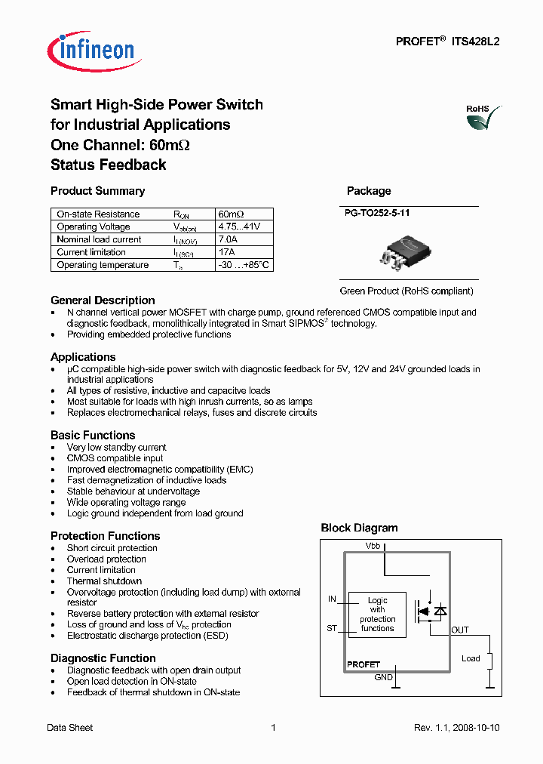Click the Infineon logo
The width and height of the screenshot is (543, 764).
coord(91,50)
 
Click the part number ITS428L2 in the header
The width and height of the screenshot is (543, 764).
coord(475,43)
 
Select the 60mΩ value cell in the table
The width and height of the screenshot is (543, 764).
coord(231,214)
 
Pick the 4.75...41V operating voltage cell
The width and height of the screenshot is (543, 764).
coord(239,226)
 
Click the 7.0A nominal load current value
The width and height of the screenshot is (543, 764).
coord(228,239)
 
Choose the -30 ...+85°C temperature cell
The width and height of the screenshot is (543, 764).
coord(243,265)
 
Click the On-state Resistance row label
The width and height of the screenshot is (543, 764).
coord(98,214)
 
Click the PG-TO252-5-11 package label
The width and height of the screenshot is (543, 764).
coord(378,214)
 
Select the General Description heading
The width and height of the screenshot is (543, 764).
coord(103,300)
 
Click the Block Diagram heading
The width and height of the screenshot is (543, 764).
coord(359,528)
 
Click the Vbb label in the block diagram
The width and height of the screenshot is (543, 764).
coord(373,544)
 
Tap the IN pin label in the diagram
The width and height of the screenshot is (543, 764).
coord(332,599)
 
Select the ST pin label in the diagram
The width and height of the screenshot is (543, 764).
coord(332,627)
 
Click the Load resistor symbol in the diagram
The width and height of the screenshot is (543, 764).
coord(490,661)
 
